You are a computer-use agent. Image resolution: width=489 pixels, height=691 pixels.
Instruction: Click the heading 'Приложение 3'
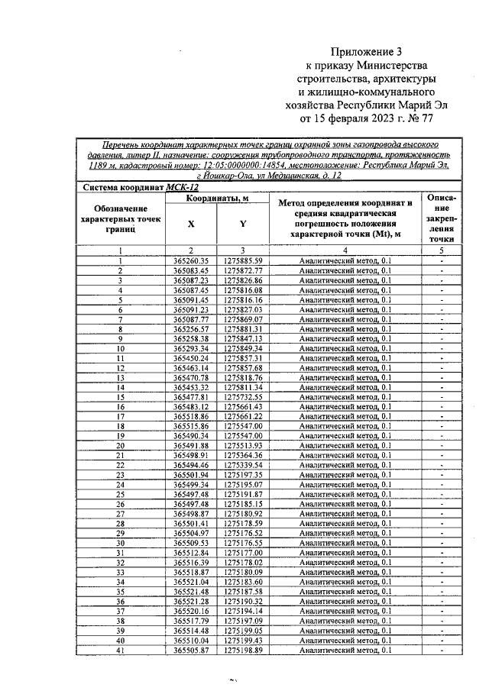point(365,52)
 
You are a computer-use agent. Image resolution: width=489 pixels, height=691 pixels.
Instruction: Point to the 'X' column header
point(191,224)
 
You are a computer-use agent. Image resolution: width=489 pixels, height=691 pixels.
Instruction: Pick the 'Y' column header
point(243,224)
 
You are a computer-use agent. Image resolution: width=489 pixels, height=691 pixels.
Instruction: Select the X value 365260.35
point(191,261)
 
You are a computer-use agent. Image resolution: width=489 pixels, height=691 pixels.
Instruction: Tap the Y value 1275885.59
point(243,261)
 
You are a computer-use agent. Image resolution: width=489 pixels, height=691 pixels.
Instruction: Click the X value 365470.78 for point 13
point(191,377)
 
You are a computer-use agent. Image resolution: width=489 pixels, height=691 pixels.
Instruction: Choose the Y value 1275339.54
point(243,464)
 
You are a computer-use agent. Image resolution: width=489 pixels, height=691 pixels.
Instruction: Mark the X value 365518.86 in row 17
point(191,416)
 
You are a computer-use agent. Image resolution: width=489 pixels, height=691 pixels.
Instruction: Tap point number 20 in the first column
point(120,445)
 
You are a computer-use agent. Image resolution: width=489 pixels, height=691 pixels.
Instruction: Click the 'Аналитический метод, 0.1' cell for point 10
point(345,348)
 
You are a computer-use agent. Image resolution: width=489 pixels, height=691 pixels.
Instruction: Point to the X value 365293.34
point(191,348)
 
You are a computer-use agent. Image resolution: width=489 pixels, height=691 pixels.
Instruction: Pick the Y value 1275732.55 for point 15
point(243,397)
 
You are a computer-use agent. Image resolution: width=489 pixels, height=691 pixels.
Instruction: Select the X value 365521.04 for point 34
point(191,581)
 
